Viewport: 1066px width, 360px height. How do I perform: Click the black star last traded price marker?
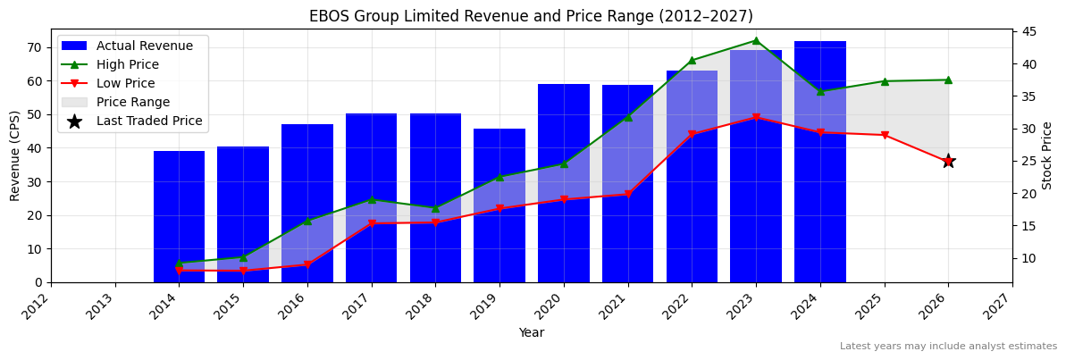(x=948, y=161)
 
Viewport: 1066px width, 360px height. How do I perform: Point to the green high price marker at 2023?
(x=756, y=40)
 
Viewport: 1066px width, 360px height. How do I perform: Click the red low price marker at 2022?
(x=692, y=135)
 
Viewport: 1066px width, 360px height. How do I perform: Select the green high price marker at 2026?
(x=948, y=80)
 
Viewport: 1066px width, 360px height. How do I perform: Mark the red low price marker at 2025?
(x=885, y=135)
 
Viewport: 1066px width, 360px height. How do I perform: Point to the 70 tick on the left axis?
(x=37, y=47)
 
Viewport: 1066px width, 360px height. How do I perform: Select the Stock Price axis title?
(x=1047, y=155)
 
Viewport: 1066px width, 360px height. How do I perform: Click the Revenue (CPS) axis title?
(x=15, y=155)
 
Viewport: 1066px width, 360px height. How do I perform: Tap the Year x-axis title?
(x=531, y=333)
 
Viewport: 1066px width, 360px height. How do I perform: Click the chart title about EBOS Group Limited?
(x=531, y=16)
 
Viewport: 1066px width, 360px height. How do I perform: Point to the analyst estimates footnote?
(x=948, y=347)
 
